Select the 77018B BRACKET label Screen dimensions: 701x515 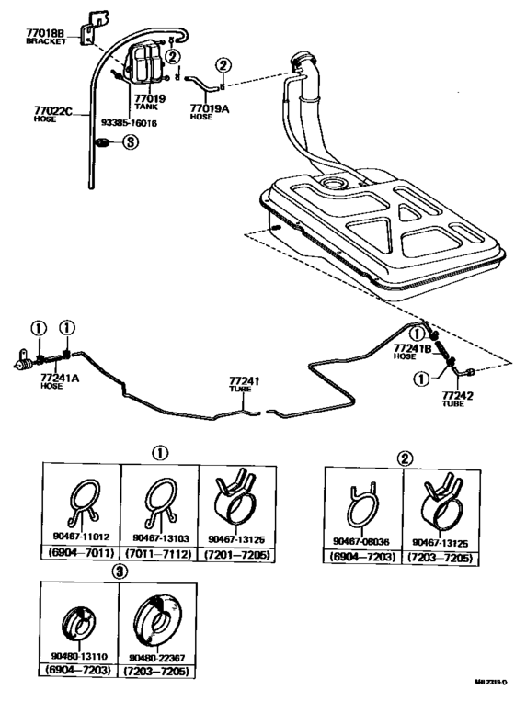pos(45,37)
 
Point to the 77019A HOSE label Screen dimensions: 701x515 pos(207,112)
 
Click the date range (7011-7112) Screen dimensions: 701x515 pos(160,553)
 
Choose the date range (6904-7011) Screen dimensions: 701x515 pos(83,553)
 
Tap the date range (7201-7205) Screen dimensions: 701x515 pos(238,553)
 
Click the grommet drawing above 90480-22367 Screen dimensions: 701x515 pos(157,620)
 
